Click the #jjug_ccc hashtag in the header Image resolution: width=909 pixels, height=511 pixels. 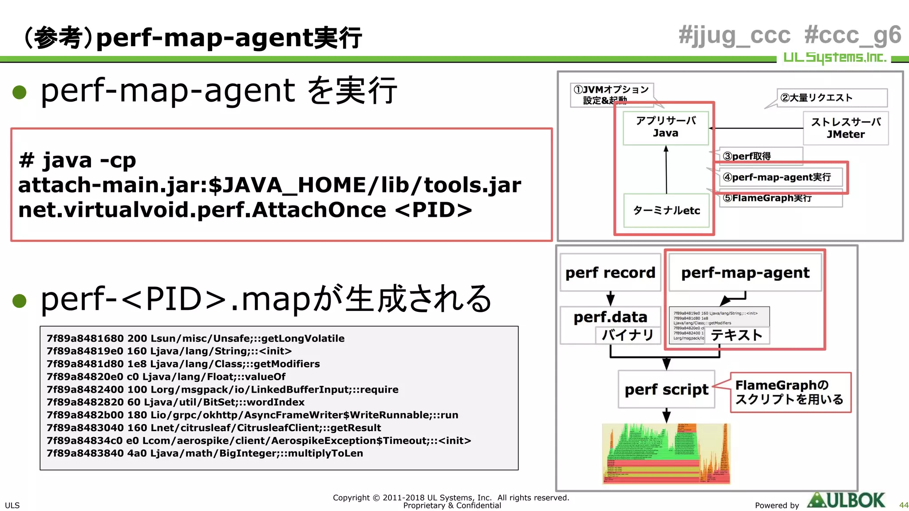pos(734,35)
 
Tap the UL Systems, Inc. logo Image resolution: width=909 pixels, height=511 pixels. pos(834,58)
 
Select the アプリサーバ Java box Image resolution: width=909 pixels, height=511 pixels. pos(665,127)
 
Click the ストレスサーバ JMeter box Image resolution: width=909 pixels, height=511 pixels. pos(846,128)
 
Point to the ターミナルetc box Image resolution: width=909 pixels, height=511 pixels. pos(666,210)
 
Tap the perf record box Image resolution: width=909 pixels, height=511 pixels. pos(610,272)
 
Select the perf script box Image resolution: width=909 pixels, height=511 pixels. pos(666,389)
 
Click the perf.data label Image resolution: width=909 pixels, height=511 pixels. pos(610,317)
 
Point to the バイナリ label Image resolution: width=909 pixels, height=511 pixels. pos(628,335)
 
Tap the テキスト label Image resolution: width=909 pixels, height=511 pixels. pos(737,335)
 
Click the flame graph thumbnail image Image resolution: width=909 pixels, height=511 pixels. pos(666,453)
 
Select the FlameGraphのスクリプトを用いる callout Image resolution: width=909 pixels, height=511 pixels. pos(790,392)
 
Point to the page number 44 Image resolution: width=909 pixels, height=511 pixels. pos(903,505)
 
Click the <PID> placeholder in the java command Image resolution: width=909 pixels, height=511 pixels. pos(433,210)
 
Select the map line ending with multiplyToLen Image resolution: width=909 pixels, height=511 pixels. pos(205,453)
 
